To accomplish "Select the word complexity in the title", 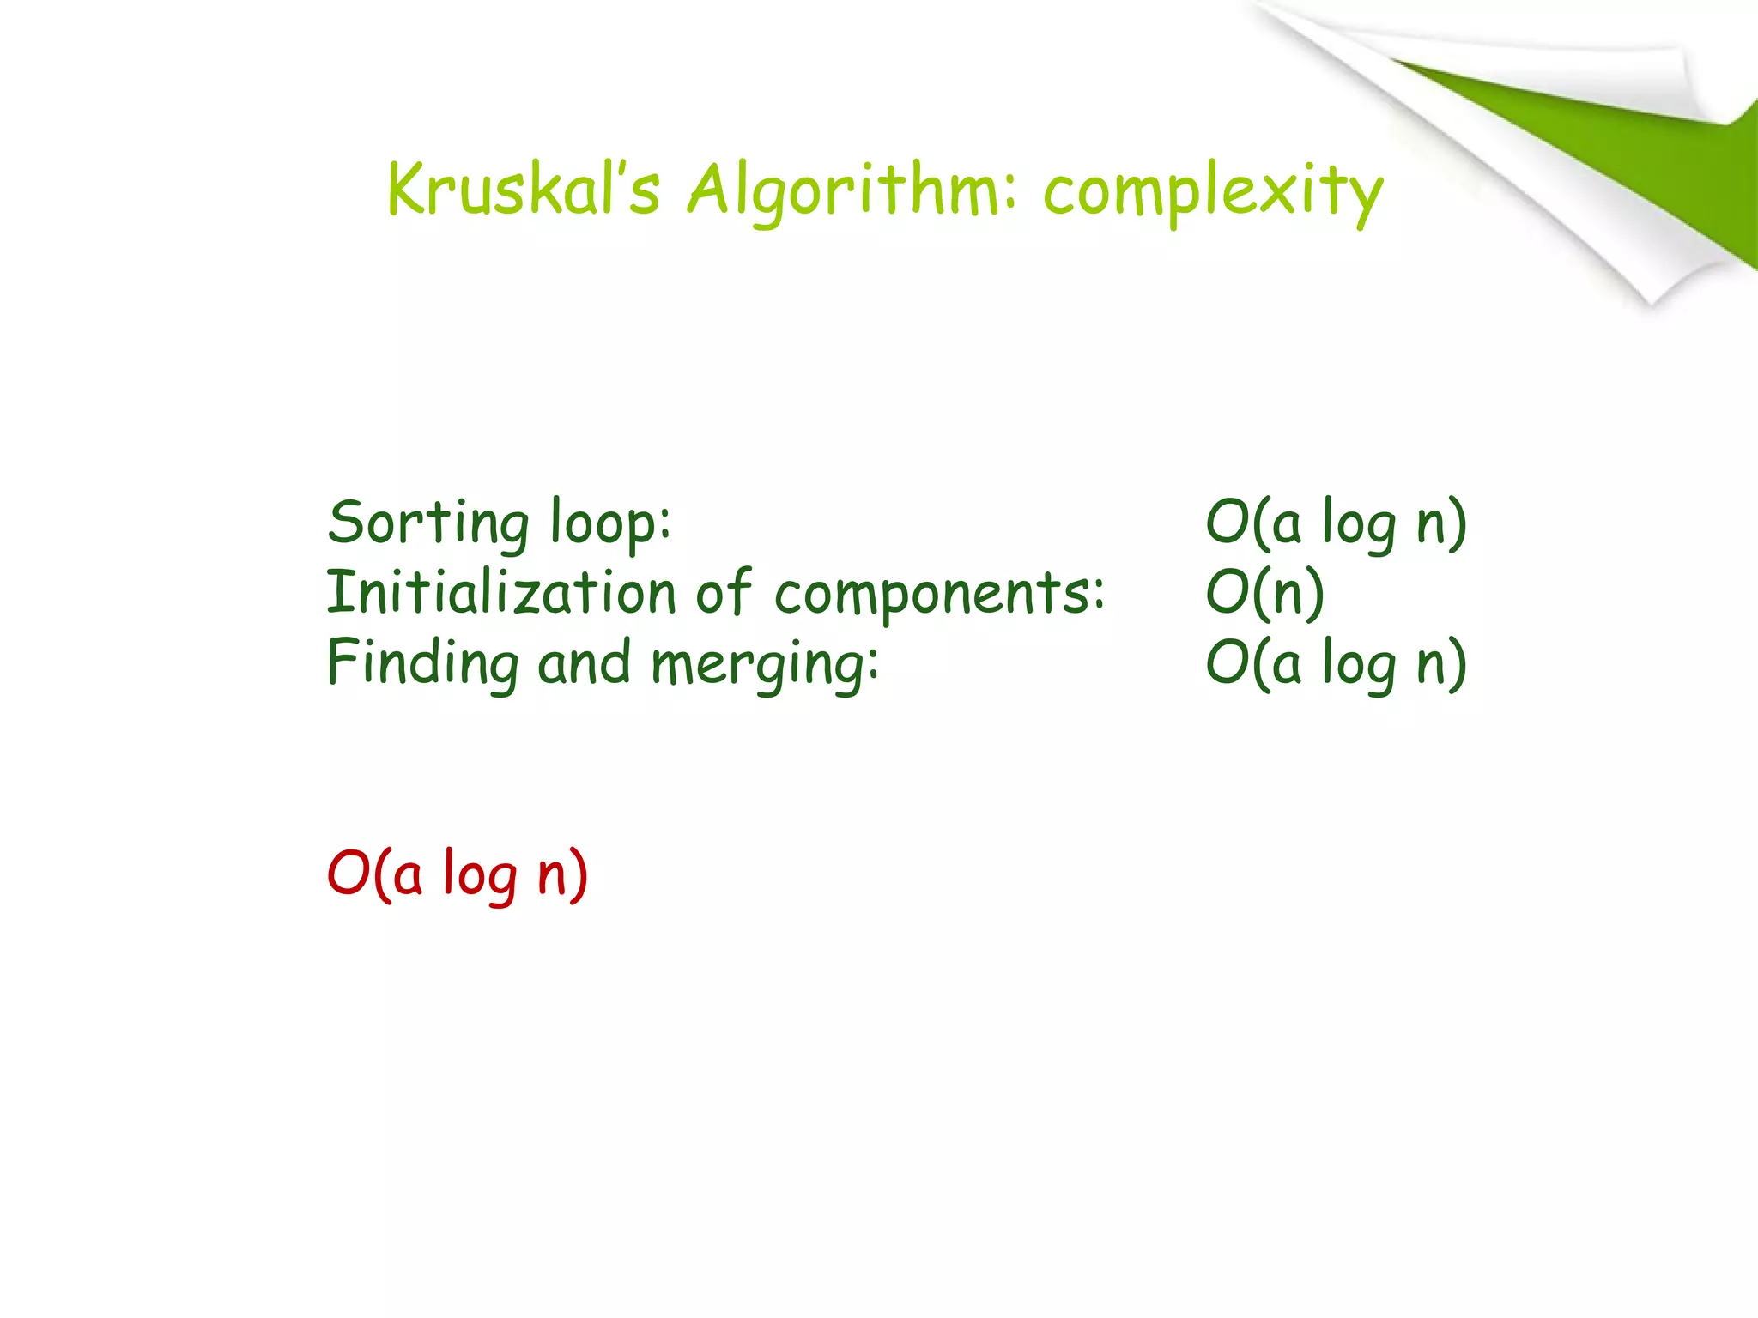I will point(1213,191).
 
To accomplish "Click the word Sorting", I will point(428,523).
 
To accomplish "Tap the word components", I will point(939,594).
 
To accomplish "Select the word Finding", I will point(423,663).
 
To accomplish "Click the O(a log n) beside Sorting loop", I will point(1336,523).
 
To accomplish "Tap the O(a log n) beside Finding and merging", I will point(1336,663).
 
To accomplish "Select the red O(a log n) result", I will point(458,874).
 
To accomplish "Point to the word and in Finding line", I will point(584,663).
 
